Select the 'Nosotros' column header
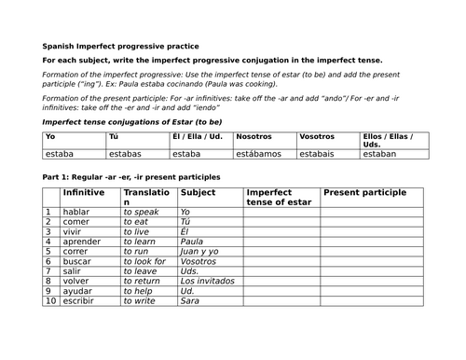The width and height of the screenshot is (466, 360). (254, 136)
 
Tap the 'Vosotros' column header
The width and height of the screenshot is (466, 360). (317, 136)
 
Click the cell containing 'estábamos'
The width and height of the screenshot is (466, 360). (258, 154)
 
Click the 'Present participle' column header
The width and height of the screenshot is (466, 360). (364, 192)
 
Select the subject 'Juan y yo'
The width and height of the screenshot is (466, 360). (200, 251)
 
